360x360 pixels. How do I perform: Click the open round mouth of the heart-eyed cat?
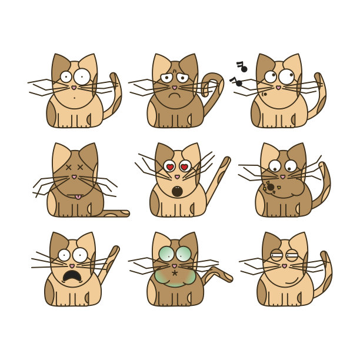[x=176, y=191]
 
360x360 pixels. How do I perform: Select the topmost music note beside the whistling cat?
[x=242, y=66]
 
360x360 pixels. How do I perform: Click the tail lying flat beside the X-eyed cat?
[x=115, y=213]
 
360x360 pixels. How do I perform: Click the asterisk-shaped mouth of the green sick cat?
[x=175, y=273]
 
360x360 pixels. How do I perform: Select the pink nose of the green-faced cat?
[x=174, y=266]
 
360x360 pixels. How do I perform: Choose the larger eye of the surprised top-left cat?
[x=82, y=76]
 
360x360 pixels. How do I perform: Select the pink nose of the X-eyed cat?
[x=74, y=176]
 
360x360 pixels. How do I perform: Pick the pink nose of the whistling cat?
[x=278, y=88]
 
